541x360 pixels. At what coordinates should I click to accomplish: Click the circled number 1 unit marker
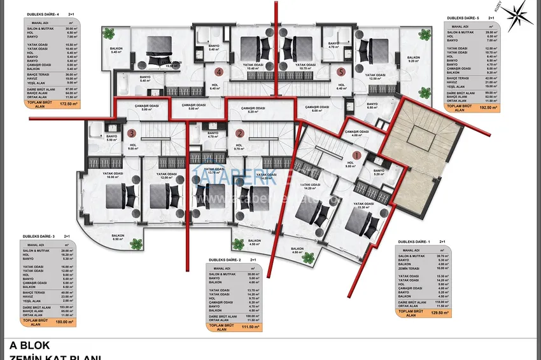356,154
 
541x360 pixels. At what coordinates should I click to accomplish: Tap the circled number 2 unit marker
239,134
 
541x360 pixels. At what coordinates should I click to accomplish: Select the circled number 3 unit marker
131,134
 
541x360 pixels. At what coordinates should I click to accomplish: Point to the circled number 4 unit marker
218,73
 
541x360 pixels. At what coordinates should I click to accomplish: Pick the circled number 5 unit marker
341,73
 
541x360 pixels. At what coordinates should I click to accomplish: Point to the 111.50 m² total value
251,327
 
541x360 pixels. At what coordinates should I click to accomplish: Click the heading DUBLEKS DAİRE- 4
43,13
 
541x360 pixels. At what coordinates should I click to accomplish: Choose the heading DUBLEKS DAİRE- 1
414,242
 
